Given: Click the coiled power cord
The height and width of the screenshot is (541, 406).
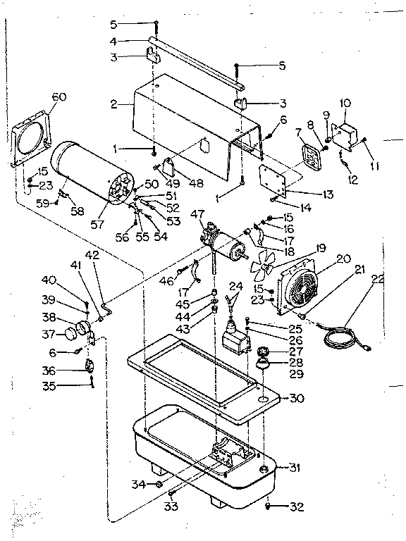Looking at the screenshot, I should point(342,336).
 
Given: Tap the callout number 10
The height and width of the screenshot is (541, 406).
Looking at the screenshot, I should point(345,103).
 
